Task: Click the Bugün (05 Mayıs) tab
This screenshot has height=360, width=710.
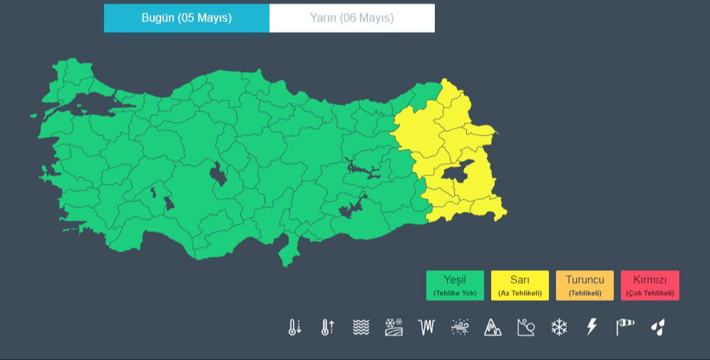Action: coord(187,18)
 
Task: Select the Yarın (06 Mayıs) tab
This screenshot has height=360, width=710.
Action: coord(351,18)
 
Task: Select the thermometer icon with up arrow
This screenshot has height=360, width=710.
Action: coord(328,327)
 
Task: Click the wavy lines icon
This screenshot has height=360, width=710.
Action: coord(361,327)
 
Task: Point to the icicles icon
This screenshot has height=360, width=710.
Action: coord(426,327)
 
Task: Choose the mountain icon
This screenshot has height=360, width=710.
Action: coord(493,327)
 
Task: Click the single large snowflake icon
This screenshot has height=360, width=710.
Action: coord(559,327)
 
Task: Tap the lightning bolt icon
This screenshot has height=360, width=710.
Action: coord(592,327)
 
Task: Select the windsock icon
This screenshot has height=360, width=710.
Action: coord(624,327)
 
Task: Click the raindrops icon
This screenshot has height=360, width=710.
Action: coord(657,327)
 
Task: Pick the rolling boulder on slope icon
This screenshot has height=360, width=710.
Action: coord(525,327)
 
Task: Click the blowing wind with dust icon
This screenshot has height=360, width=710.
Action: coord(460,327)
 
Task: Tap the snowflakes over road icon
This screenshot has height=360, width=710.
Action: coord(393,327)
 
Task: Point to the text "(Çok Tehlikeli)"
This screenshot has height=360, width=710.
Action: coord(649,293)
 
